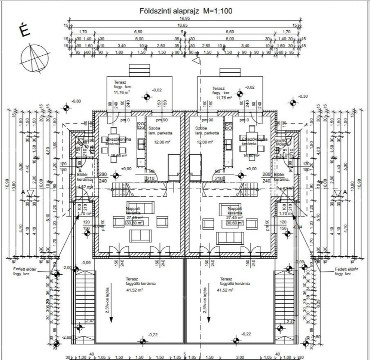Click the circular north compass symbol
pos(35,57)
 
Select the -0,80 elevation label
pos(76,101)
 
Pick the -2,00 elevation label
pos(67,268)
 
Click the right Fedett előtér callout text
pos(346,271)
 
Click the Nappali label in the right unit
pos(235,209)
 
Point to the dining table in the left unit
pos(115,146)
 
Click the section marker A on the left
pos(23,193)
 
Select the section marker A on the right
pos(345,193)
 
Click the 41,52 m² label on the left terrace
pos(134,290)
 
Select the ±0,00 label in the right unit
pos(251,169)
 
